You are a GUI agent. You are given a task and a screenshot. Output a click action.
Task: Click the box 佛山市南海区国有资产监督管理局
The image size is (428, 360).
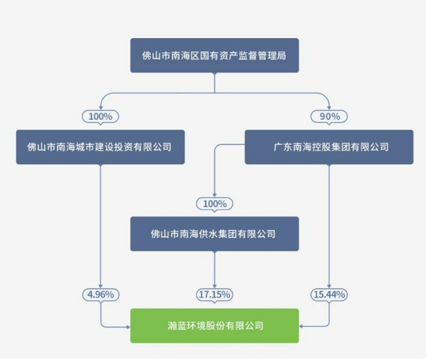tap(214, 55)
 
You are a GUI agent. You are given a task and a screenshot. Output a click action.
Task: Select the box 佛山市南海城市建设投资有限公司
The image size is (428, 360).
tap(100, 147)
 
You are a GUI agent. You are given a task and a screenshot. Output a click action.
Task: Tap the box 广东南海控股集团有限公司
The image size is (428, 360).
tap(329, 147)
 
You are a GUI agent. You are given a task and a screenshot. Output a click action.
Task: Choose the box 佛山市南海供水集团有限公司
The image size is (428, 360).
tap(214, 234)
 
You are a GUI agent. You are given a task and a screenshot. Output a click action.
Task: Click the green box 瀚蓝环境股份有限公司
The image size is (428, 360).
tap(214, 325)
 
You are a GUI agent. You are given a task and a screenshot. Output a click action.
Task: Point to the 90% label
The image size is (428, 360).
tap(328, 116)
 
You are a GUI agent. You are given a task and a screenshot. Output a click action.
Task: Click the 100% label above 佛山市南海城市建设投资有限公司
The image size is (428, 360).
tap(100, 116)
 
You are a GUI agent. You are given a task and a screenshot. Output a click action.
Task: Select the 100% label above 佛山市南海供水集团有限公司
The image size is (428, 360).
tap(214, 204)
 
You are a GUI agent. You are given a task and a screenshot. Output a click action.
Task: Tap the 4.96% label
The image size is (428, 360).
tap(100, 294)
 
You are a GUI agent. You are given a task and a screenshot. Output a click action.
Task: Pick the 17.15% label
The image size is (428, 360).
tap(214, 294)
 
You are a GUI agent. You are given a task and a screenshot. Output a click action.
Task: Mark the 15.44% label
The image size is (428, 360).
tap(328, 294)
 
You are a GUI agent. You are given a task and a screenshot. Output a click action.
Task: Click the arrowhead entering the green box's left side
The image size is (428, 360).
tap(128, 325)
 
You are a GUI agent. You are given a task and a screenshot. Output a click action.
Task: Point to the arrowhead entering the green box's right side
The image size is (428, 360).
tap(301, 325)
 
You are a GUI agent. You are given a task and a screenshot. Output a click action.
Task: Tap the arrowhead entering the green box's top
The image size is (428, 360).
tap(214, 306)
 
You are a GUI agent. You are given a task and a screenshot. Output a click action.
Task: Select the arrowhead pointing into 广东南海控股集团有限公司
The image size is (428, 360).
tap(328, 127)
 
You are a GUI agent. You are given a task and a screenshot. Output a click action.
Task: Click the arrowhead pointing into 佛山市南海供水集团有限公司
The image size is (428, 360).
tap(214, 215)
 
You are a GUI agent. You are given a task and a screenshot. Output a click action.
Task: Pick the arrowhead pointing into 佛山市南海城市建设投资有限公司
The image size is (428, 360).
tap(100, 127)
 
